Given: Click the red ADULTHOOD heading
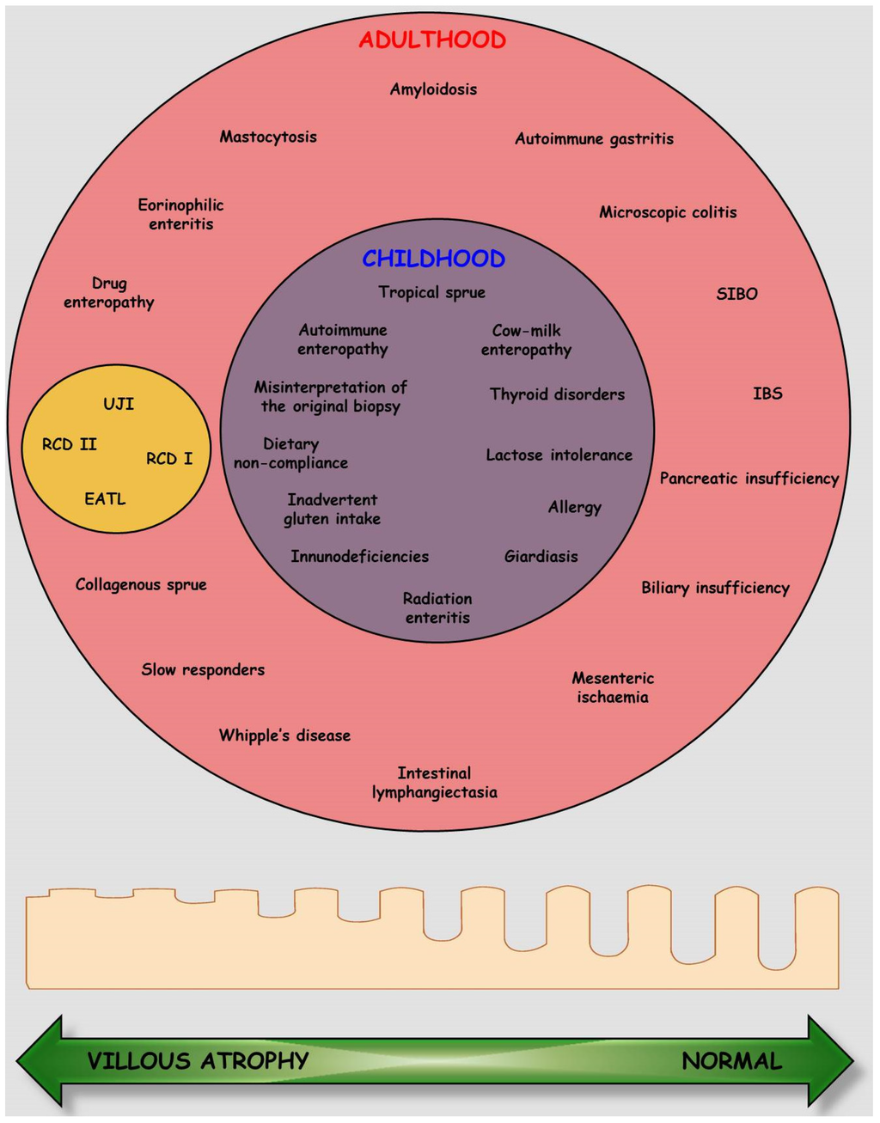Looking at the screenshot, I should (x=432, y=40).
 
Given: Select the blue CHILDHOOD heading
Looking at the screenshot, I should (x=433, y=259).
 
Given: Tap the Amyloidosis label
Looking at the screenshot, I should (x=433, y=89).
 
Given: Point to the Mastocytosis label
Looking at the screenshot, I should (x=268, y=137).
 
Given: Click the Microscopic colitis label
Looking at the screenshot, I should (x=668, y=212).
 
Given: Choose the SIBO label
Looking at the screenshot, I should (x=736, y=294).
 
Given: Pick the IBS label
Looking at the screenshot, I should (x=767, y=394).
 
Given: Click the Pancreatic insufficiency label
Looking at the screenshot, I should (x=749, y=479).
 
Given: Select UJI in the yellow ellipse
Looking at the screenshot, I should (x=119, y=404).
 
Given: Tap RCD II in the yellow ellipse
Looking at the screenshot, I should (x=70, y=444).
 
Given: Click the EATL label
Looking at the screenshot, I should (x=105, y=498).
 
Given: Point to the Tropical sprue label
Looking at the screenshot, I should (x=431, y=292).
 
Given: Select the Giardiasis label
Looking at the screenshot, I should (x=541, y=557).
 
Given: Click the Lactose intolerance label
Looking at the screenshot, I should (x=559, y=455).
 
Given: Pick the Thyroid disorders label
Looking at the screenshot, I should (x=557, y=394).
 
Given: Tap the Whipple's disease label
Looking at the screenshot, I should (x=284, y=735).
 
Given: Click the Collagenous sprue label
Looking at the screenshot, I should (x=141, y=585).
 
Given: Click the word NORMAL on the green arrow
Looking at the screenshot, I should (x=732, y=1061).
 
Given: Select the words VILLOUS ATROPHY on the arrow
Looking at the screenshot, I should (x=198, y=1061).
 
